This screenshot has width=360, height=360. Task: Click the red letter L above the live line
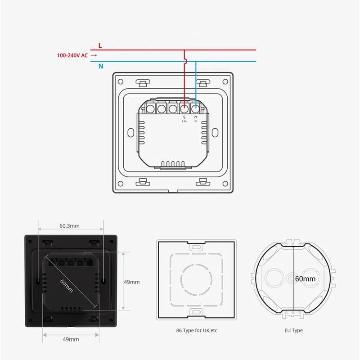coord(100,46)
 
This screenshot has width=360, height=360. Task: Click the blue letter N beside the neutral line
coord(101,66)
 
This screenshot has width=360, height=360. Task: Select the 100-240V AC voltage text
coord(72,56)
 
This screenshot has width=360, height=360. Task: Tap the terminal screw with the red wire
coord(184,108)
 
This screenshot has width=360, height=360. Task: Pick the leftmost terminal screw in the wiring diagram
coord(150,108)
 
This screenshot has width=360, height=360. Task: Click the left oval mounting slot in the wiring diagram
coord(130,133)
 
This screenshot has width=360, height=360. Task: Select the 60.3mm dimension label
coord(69,226)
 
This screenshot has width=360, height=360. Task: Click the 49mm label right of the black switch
coord(131,282)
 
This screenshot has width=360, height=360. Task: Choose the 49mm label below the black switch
coord(71,339)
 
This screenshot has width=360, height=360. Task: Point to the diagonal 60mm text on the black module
coord(66,285)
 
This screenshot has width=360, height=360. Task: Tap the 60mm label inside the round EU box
coord(305,279)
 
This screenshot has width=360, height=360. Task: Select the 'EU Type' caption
coord(293,330)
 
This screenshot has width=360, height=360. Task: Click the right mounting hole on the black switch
coord(104,281)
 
